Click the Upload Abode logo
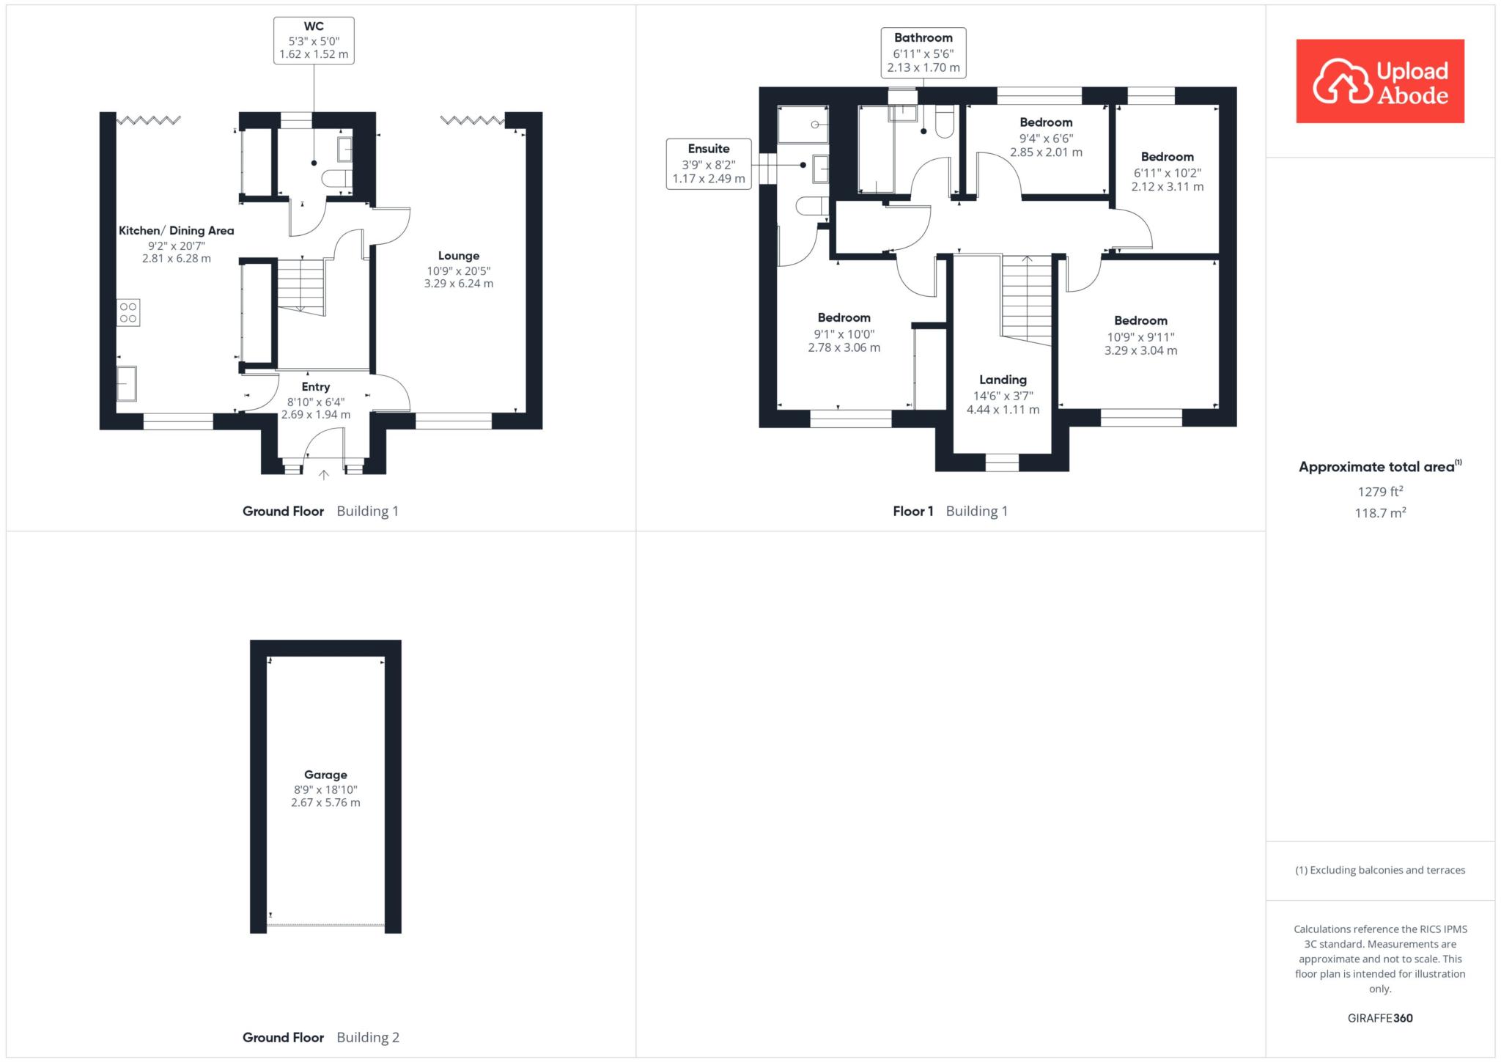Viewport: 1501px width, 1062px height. pyautogui.click(x=1379, y=81)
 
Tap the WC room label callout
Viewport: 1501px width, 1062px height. pyautogui.click(x=314, y=40)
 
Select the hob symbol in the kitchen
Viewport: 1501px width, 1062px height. pyautogui.click(x=128, y=312)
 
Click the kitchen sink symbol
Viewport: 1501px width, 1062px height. pyautogui.click(x=126, y=383)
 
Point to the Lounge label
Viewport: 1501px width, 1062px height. pyautogui.click(x=459, y=256)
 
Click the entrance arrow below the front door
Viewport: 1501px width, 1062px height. pyautogui.click(x=323, y=475)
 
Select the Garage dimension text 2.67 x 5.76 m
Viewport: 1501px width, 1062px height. pyautogui.click(x=325, y=803)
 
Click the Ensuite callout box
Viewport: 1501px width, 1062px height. pyautogui.click(x=709, y=163)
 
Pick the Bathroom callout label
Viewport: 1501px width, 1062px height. pyautogui.click(x=923, y=52)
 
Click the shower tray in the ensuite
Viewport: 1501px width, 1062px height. pyautogui.click(x=803, y=125)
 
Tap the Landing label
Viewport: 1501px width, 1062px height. pyautogui.click(x=1003, y=380)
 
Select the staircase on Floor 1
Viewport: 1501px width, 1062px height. pyautogui.click(x=1027, y=300)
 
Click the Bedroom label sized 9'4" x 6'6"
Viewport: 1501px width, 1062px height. pyautogui.click(x=1046, y=122)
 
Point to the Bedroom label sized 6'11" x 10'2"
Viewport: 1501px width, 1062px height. pyautogui.click(x=1168, y=157)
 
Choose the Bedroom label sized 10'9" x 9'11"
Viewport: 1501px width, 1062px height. pyautogui.click(x=1140, y=320)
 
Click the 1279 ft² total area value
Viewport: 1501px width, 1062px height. pyautogui.click(x=1380, y=492)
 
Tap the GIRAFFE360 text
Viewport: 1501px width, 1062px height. pyautogui.click(x=1380, y=1018)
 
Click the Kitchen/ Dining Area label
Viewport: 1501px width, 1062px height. pyautogui.click(x=177, y=230)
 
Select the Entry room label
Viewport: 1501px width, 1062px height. pyautogui.click(x=316, y=387)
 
